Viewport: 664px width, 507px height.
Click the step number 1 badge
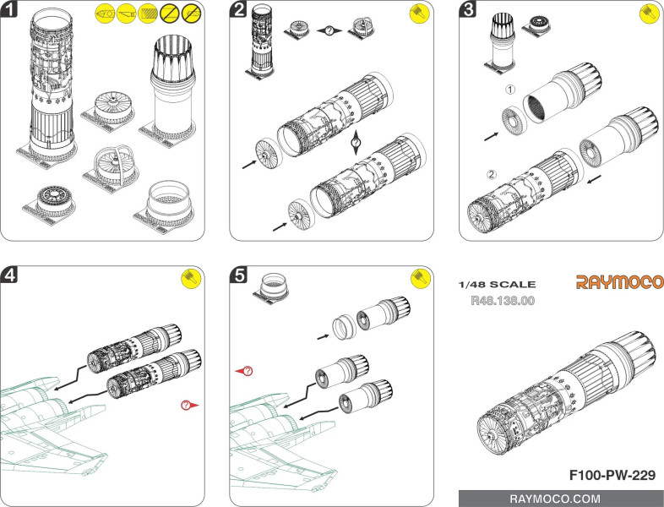9,11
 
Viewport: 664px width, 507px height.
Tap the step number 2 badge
239,11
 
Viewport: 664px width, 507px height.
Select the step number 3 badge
468,11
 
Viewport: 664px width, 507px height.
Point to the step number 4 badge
9,275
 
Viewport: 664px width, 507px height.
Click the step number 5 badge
239,275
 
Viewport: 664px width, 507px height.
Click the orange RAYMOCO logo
619,282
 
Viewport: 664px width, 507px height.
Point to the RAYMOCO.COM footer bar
560,499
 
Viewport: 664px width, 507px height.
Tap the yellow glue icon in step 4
191,279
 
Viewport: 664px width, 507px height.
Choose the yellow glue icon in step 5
420,279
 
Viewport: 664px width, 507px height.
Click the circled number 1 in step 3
509,89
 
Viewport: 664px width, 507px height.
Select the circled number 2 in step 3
493,175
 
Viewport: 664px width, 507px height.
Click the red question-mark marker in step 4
188,406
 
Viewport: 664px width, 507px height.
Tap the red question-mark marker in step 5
248,370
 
